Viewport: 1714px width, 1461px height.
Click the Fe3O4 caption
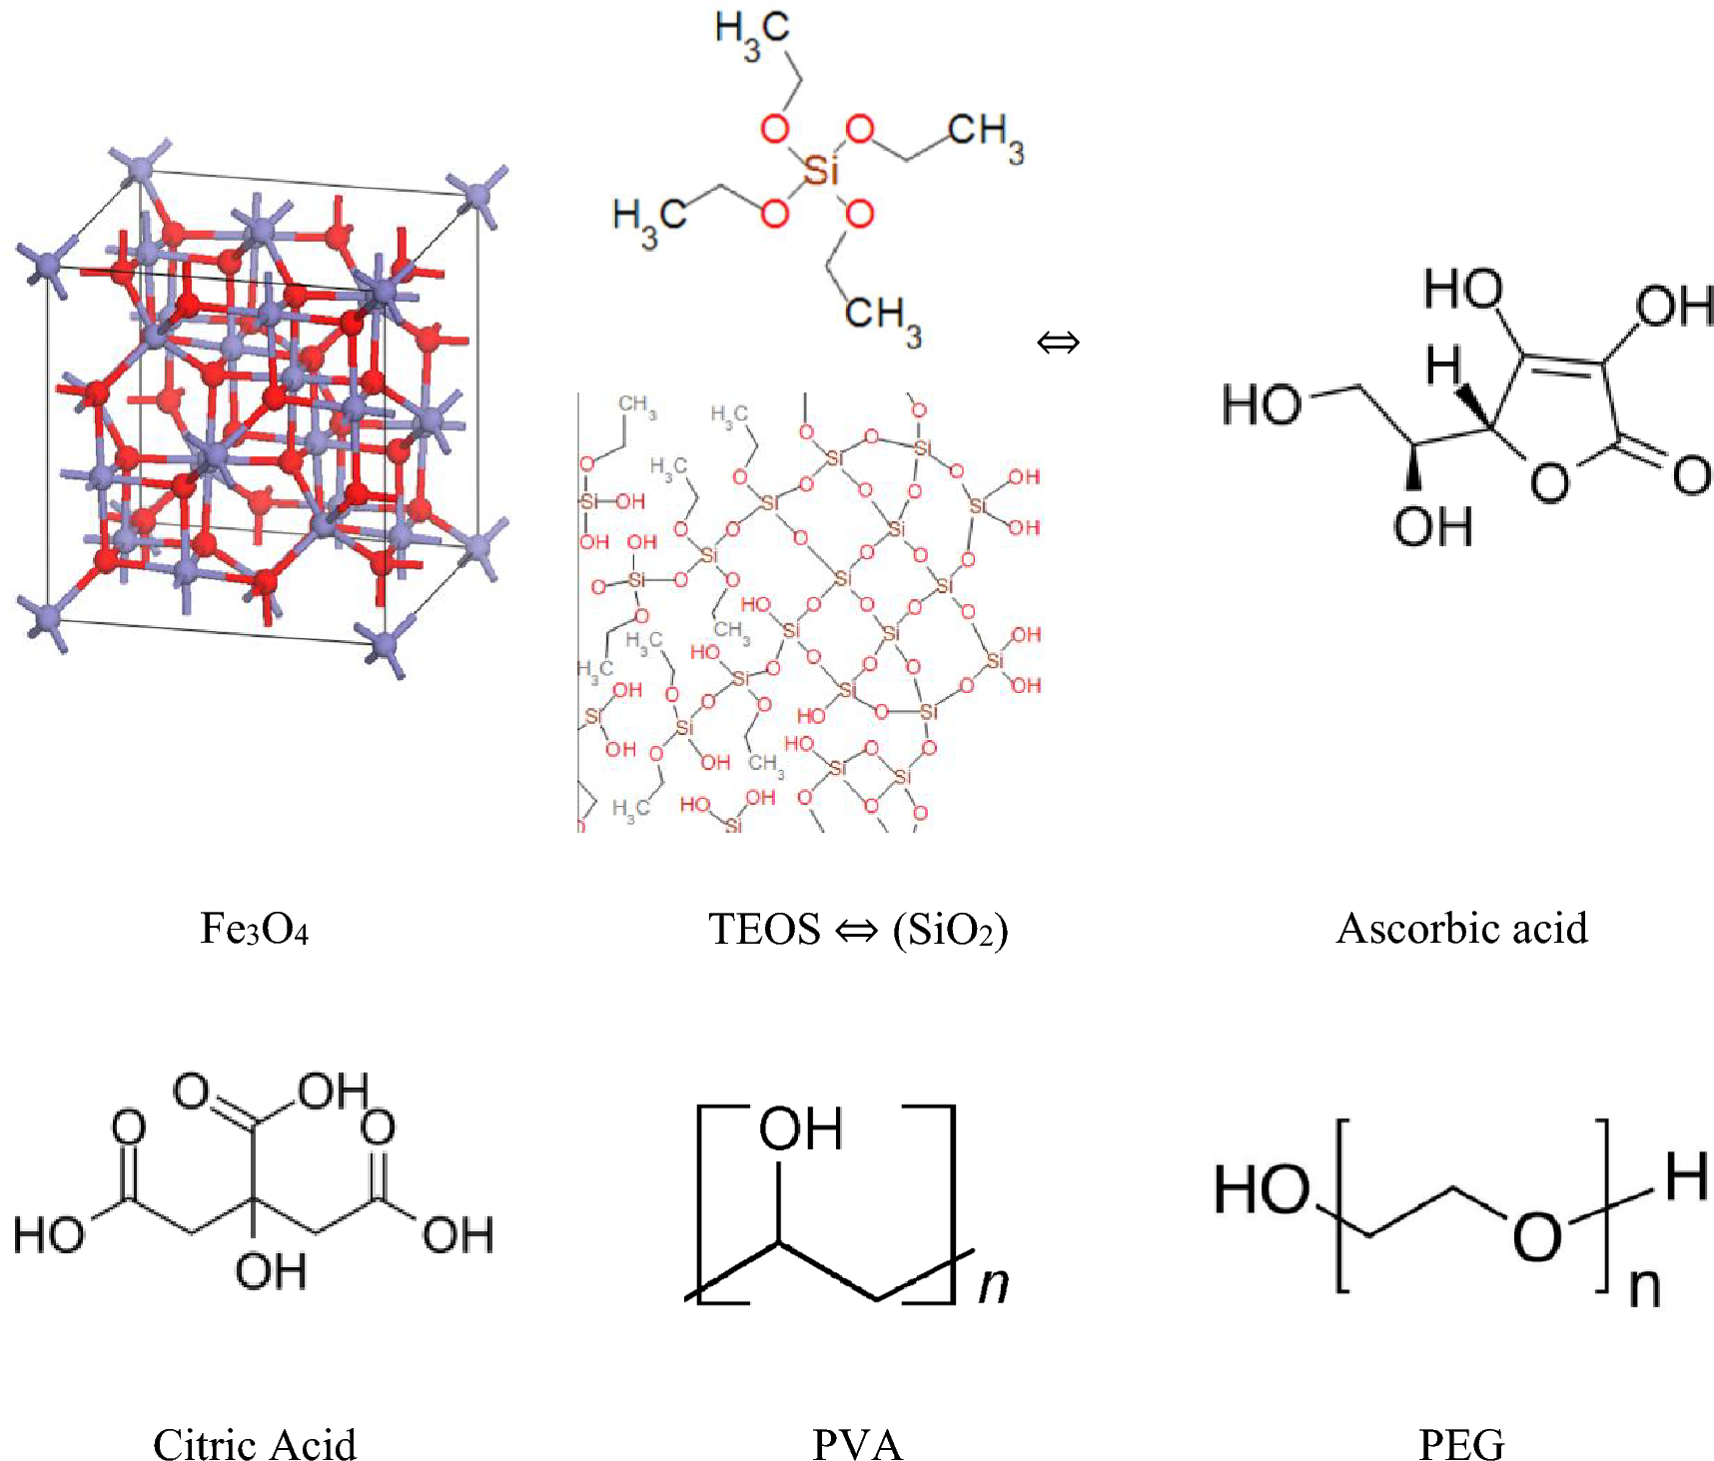tap(255, 929)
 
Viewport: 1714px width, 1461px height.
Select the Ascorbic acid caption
tap(1461, 929)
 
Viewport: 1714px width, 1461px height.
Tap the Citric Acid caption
tap(255, 1444)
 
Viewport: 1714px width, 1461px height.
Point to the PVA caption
tap(857, 1444)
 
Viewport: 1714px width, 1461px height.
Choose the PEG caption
tap(1461, 1444)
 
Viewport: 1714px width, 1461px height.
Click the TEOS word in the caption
tap(764, 929)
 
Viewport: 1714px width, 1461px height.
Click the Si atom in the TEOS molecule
tap(820, 172)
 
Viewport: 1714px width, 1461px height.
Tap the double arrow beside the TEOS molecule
tap(1058, 344)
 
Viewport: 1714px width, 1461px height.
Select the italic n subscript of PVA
tap(993, 1284)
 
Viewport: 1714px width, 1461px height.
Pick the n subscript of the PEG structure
tap(1644, 1288)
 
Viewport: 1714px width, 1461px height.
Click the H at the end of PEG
tap(1686, 1176)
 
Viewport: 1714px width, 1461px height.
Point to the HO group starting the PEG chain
tap(1261, 1190)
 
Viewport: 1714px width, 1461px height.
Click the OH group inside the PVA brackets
tap(801, 1129)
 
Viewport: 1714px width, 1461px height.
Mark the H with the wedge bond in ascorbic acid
tap(1443, 365)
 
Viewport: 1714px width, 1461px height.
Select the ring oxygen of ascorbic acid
tap(1549, 483)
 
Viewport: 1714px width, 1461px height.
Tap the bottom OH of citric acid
tap(270, 1271)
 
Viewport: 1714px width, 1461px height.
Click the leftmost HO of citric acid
tap(48, 1235)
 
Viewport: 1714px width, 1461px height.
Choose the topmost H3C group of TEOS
tap(751, 36)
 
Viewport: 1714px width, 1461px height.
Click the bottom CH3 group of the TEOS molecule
tap(884, 317)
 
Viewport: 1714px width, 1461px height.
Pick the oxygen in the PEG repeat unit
tap(1536, 1236)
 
